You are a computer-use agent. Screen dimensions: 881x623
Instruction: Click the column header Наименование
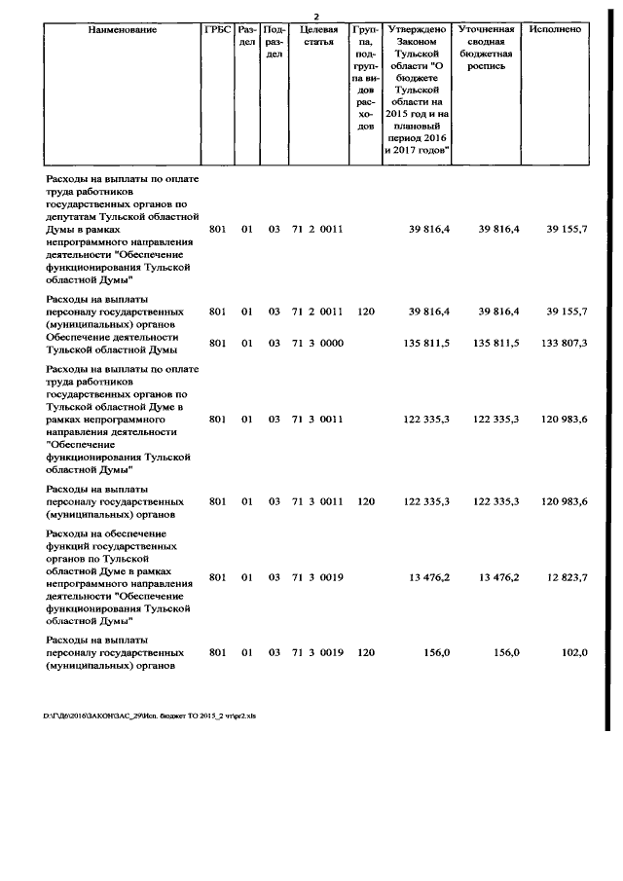123,30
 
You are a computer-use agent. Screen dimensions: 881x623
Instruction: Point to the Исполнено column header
557,30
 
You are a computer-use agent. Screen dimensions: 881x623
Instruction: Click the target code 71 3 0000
317,343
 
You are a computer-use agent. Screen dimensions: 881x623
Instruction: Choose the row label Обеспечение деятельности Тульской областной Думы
113,343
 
